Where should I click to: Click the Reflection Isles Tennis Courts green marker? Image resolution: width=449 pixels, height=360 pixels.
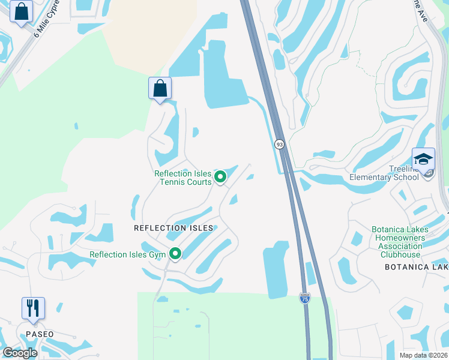click(x=220, y=176)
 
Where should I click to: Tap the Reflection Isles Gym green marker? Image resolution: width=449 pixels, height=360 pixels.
click(x=175, y=254)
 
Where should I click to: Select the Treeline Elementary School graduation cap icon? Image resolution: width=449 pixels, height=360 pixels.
click(x=423, y=159)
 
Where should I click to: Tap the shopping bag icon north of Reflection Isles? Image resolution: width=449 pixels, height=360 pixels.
click(x=160, y=88)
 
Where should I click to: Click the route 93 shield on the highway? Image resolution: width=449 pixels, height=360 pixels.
click(x=279, y=144)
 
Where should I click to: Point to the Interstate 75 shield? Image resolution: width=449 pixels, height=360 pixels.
click(x=304, y=298)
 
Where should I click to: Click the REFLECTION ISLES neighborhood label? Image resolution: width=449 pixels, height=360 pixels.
click(x=173, y=228)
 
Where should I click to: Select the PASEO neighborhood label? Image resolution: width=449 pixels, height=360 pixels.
click(x=40, y=334)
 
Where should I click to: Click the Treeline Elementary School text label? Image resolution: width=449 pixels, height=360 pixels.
click(x=384, y=173)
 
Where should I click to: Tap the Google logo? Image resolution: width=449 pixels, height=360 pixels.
click(x=20, y=353)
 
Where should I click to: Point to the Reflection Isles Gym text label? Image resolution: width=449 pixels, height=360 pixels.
click(x=127, y=255)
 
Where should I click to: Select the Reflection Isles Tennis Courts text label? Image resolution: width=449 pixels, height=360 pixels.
click(x=183, y=178)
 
